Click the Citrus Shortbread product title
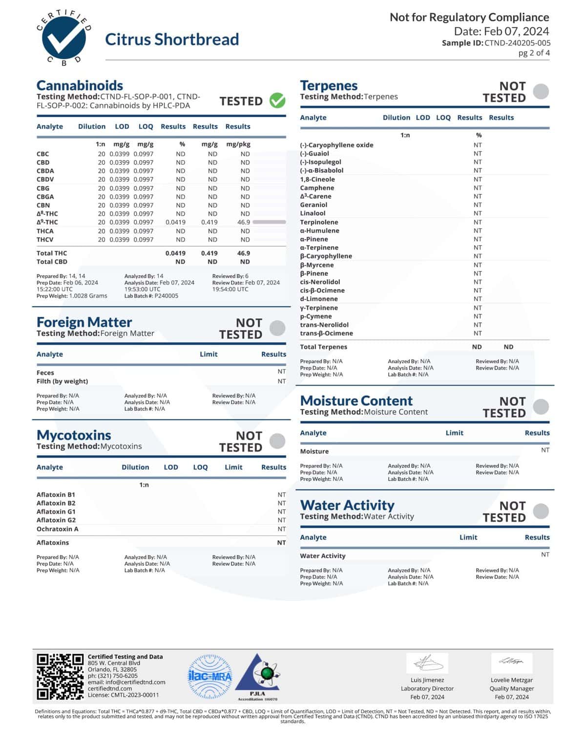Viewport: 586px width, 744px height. click(172, 39)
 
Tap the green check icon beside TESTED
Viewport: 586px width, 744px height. click(278, 101)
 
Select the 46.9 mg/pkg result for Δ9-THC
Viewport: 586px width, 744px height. click(244, 222)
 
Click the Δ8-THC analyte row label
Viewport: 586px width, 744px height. click(47, 214)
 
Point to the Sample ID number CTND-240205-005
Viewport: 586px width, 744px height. click(517, 43)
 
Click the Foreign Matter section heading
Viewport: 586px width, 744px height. click(84, 322)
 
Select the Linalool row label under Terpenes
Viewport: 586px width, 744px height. click(313, 213)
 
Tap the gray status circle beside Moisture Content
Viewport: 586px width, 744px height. click(541, 407)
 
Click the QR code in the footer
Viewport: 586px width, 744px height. click(60, 677)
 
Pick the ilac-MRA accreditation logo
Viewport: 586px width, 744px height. click(210, 676)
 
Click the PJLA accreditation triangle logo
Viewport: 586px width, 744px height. click(258, 676)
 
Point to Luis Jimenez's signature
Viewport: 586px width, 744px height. click(427, 663)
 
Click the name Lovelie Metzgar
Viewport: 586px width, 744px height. click(512, 680)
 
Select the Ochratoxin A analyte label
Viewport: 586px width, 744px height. click(57, 529)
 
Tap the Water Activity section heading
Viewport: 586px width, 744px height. click(347, 505)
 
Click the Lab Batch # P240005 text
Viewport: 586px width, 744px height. click(151, 296)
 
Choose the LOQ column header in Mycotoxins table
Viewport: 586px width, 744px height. click(200, 467)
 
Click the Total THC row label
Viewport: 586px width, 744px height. click(52, 253)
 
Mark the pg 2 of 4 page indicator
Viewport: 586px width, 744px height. click(534, 53)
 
